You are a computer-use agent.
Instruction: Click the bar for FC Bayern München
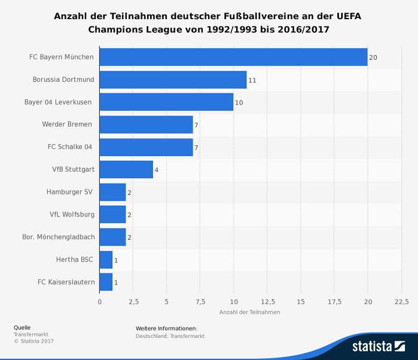233,57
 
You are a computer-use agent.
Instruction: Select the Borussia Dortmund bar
173,80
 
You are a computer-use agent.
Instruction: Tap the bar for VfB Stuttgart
126,169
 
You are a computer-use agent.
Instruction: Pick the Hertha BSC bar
106,260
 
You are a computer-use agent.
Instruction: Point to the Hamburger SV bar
112,192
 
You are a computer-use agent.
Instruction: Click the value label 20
373,57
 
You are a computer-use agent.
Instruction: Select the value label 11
252,80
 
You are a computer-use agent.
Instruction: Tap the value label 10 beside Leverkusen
239,103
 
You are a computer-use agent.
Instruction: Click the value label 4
157,170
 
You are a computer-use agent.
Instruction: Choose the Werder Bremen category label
67,124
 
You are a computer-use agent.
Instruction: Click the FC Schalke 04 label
70,147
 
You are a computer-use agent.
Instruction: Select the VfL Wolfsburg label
72,214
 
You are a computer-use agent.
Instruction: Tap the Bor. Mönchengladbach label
59,237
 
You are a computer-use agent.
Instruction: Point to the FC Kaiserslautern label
66,282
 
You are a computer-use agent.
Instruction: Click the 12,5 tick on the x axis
267,301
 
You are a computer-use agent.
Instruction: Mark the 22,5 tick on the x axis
401,301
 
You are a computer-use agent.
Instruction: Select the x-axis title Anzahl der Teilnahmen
249,312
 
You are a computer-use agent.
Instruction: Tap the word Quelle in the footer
22,328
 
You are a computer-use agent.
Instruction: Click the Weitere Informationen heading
166,328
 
